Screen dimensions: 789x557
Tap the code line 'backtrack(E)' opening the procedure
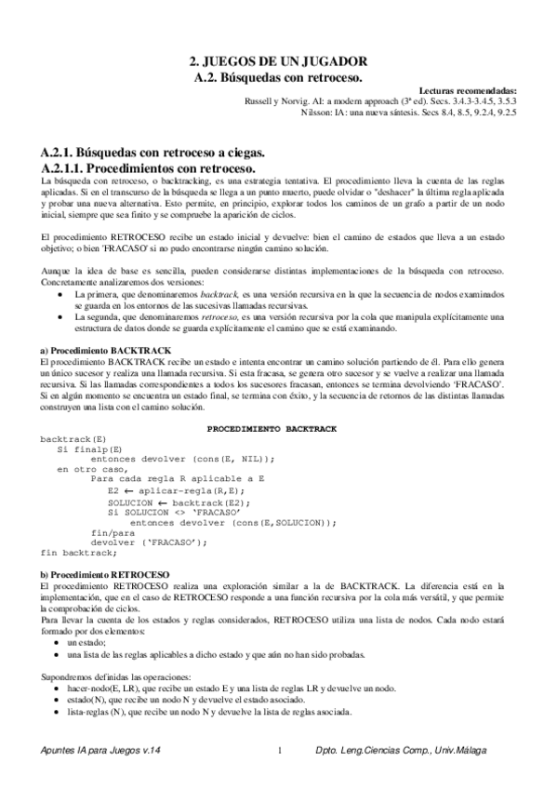click(73, 437)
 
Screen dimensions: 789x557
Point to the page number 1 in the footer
click(279, 751)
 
